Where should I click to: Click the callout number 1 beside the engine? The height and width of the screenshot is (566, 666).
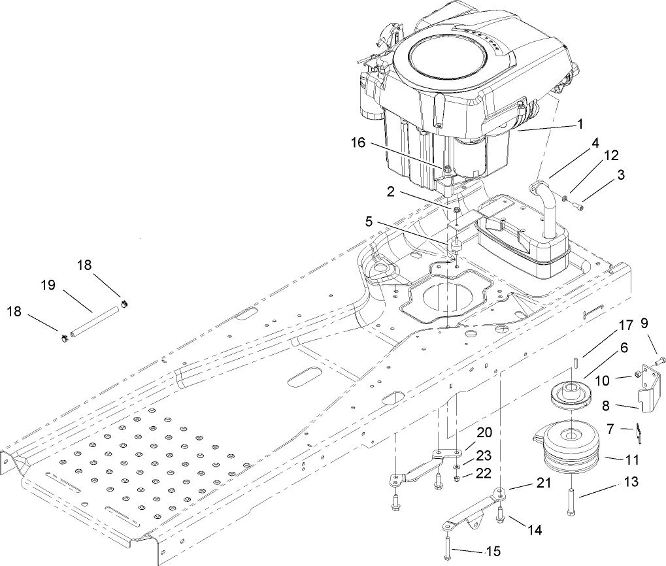pyautogui.click(x=579, y=122)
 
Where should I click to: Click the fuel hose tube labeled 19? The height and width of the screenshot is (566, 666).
pyautogui.click(x=95, y=320)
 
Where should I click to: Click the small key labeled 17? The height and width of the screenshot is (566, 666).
pyautogui.click(x=575, y=361)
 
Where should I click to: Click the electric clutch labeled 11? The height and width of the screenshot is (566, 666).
pyautogui.click(x=568, y=451)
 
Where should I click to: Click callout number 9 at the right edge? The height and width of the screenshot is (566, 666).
pyautogui.click(x=645, y=322)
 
